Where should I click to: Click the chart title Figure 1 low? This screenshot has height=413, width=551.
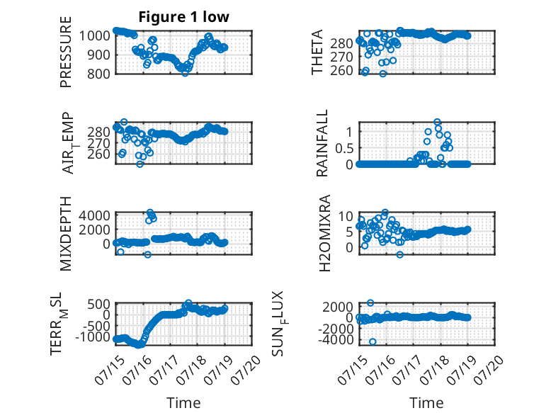pos(183,17)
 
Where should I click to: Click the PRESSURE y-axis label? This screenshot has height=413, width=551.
pos(66,52)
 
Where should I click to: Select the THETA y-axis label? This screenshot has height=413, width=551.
pos(317,52)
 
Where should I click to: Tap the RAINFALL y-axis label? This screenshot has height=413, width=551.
pos(322,142)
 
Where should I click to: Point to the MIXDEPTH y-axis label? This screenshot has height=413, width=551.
pos(66,234)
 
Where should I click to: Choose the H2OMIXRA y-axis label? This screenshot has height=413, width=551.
pos(324,233)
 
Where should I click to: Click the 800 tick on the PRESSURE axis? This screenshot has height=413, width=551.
pos(98,74)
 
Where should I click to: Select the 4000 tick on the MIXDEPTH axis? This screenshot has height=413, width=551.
pos(94,215)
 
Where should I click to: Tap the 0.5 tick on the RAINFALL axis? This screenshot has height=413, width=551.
pos(344,148)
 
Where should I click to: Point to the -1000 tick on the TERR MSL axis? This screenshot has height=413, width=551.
pos(92,336)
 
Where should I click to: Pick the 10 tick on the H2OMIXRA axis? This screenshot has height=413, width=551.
pos(346,216)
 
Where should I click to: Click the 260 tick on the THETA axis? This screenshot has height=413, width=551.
pos(341,70)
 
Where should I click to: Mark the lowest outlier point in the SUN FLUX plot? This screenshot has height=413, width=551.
pos(373,341)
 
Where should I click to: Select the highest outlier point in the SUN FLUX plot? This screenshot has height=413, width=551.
pos(370,302)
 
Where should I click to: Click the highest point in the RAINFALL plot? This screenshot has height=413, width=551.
pos(437,122)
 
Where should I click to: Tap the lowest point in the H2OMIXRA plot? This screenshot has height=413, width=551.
pos(400,254)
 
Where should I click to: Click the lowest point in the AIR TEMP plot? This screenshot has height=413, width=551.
pos(140,164)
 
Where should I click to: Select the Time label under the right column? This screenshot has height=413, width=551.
pos(426,402)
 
